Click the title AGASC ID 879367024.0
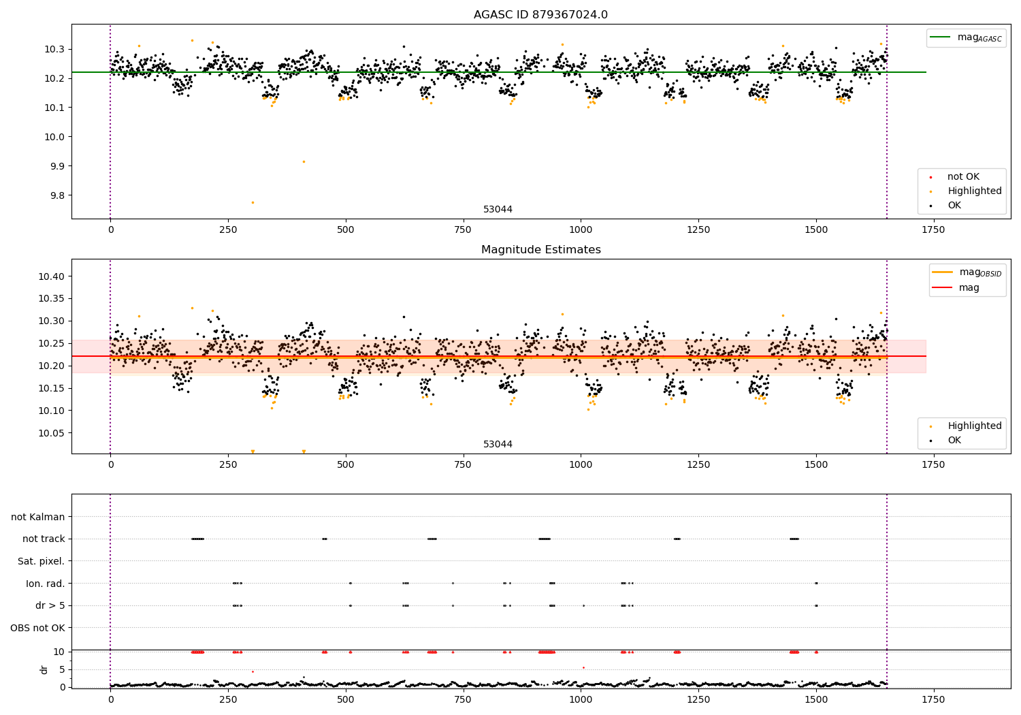[540, 15]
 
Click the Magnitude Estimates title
[540, 250]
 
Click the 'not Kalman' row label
[38, 517]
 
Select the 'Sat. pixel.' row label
[41, 561]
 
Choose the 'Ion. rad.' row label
[46, 584]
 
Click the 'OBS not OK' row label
[37, 628]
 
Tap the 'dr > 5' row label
[50, 605]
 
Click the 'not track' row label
[44, 539]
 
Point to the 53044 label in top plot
[498, 210]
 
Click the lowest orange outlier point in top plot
[253, 202]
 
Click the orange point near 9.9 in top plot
[304, 161]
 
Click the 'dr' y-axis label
[44, 669]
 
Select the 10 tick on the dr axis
[59, 652]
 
